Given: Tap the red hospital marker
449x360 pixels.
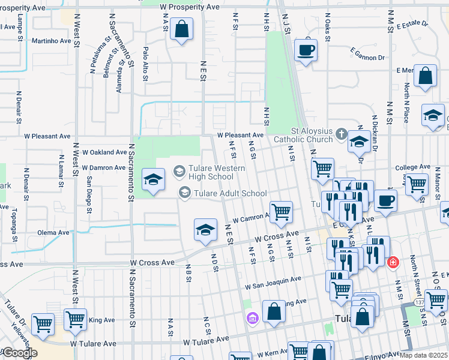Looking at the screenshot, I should [393, 262].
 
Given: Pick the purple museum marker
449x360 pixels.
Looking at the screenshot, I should [253, 317].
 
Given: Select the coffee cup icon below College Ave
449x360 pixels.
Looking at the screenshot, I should [385, 200].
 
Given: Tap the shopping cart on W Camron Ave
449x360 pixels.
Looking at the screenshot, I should [280, 211].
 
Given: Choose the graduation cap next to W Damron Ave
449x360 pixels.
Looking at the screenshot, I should [153, 179].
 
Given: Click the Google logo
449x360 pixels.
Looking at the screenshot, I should [19, 353].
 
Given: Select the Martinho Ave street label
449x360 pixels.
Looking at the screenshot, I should [49, 41].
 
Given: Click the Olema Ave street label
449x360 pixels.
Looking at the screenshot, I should [54, 232].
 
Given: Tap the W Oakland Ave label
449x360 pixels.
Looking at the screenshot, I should [104, 152].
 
